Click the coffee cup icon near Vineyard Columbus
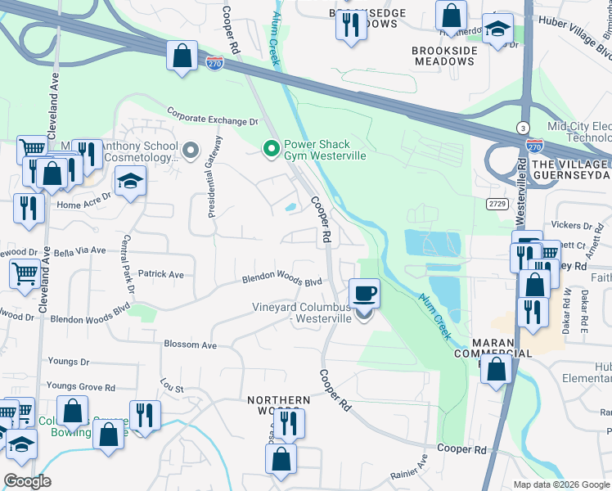364,292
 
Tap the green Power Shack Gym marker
271,149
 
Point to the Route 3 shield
521,128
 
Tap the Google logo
27,481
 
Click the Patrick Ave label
160,274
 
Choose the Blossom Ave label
190,345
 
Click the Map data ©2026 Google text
561,484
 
